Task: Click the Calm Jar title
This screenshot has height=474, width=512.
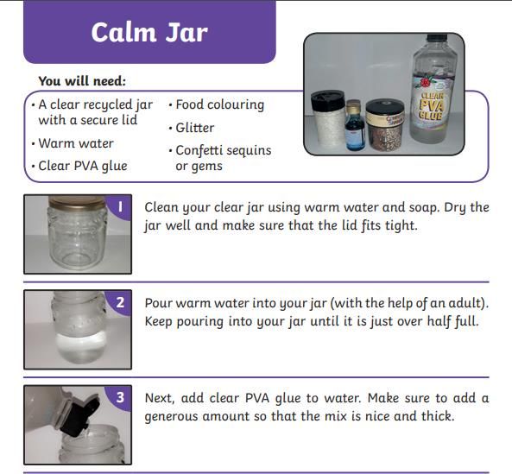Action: point(149,32)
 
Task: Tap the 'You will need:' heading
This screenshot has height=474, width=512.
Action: point(82,81)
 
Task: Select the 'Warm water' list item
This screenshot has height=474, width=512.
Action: point(76,143)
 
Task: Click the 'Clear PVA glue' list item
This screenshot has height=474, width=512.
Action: point(83,166)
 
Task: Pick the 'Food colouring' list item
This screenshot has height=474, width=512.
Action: point(220,104)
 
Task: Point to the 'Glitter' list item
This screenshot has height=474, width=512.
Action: point(195,128)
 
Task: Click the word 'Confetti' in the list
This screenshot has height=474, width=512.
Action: point(199,150)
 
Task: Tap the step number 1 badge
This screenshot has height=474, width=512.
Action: point(120,206)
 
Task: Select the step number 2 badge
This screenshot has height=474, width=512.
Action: point(120,302)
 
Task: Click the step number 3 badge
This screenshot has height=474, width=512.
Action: point(120,397)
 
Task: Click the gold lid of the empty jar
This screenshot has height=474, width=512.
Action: point(78,202)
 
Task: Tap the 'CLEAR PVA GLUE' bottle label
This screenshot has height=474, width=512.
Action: point(432,104)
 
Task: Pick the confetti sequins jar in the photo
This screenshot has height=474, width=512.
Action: point(385,125)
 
